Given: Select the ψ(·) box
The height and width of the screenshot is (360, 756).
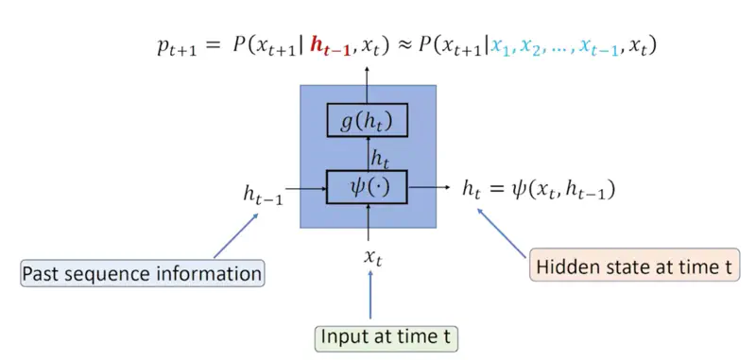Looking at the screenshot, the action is coord(367,187).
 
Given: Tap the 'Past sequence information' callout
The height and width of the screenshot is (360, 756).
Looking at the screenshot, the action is coord(142,274).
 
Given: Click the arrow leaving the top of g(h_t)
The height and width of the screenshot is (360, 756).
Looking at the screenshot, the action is coord(368,83).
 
